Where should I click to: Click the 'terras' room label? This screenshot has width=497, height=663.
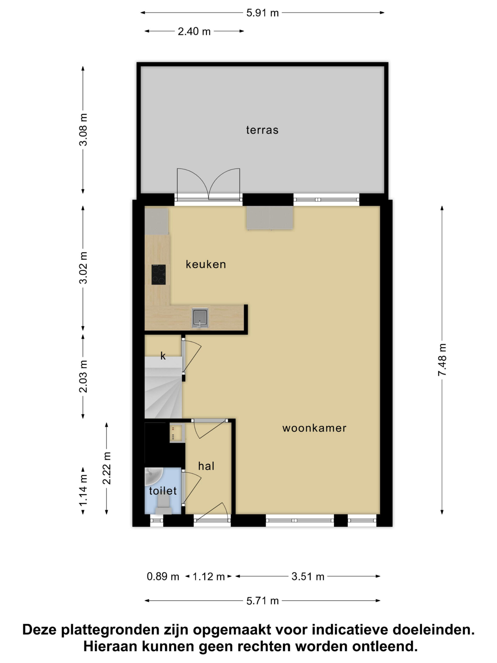coord(262,130)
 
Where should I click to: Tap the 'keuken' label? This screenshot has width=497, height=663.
coord(206,264)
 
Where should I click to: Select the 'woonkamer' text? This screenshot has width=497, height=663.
coord(314,428)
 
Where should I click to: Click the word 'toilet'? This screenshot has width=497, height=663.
coord(163,491)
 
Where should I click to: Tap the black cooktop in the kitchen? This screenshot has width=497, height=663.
coord(158,275)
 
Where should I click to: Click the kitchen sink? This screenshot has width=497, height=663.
coord(200,317)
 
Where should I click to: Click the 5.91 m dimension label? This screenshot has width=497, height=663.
coord(262,13)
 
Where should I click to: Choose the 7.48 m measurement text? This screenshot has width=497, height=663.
coord(442,360)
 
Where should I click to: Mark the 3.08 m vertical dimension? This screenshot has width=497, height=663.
coord(83,130)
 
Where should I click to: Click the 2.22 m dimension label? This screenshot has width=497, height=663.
coord(107,468)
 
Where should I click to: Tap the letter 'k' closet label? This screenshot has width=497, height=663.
coord(163,356)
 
